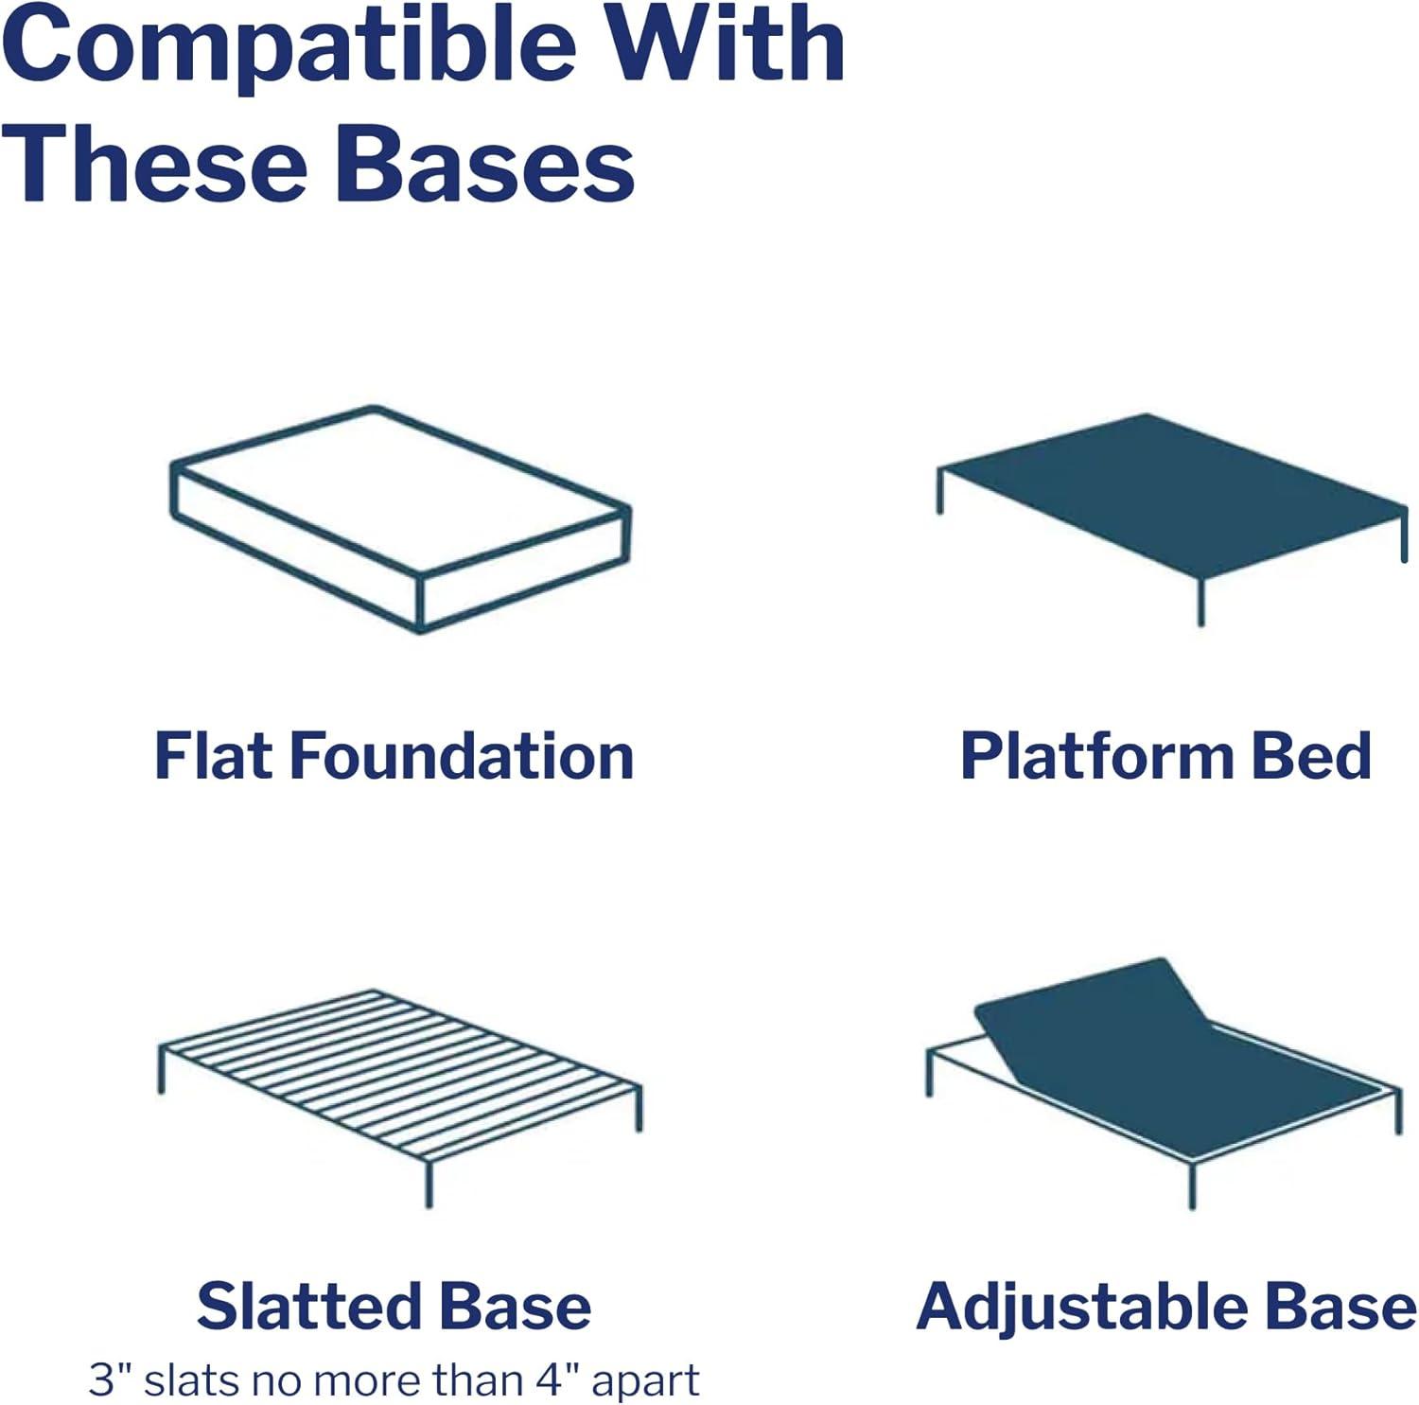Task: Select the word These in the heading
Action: point(157,166)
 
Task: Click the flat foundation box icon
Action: point(399,519)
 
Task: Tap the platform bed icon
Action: point(1171,501)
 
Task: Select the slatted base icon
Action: point(399,1079)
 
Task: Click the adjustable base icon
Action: point(1164,1069)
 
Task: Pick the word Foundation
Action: point(462,757)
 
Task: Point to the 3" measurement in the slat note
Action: point(111,1380)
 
